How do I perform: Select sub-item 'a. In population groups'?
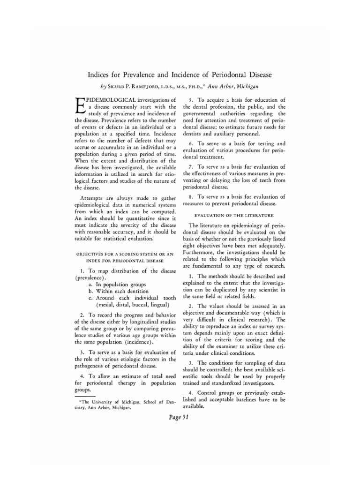tap(117, 284)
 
